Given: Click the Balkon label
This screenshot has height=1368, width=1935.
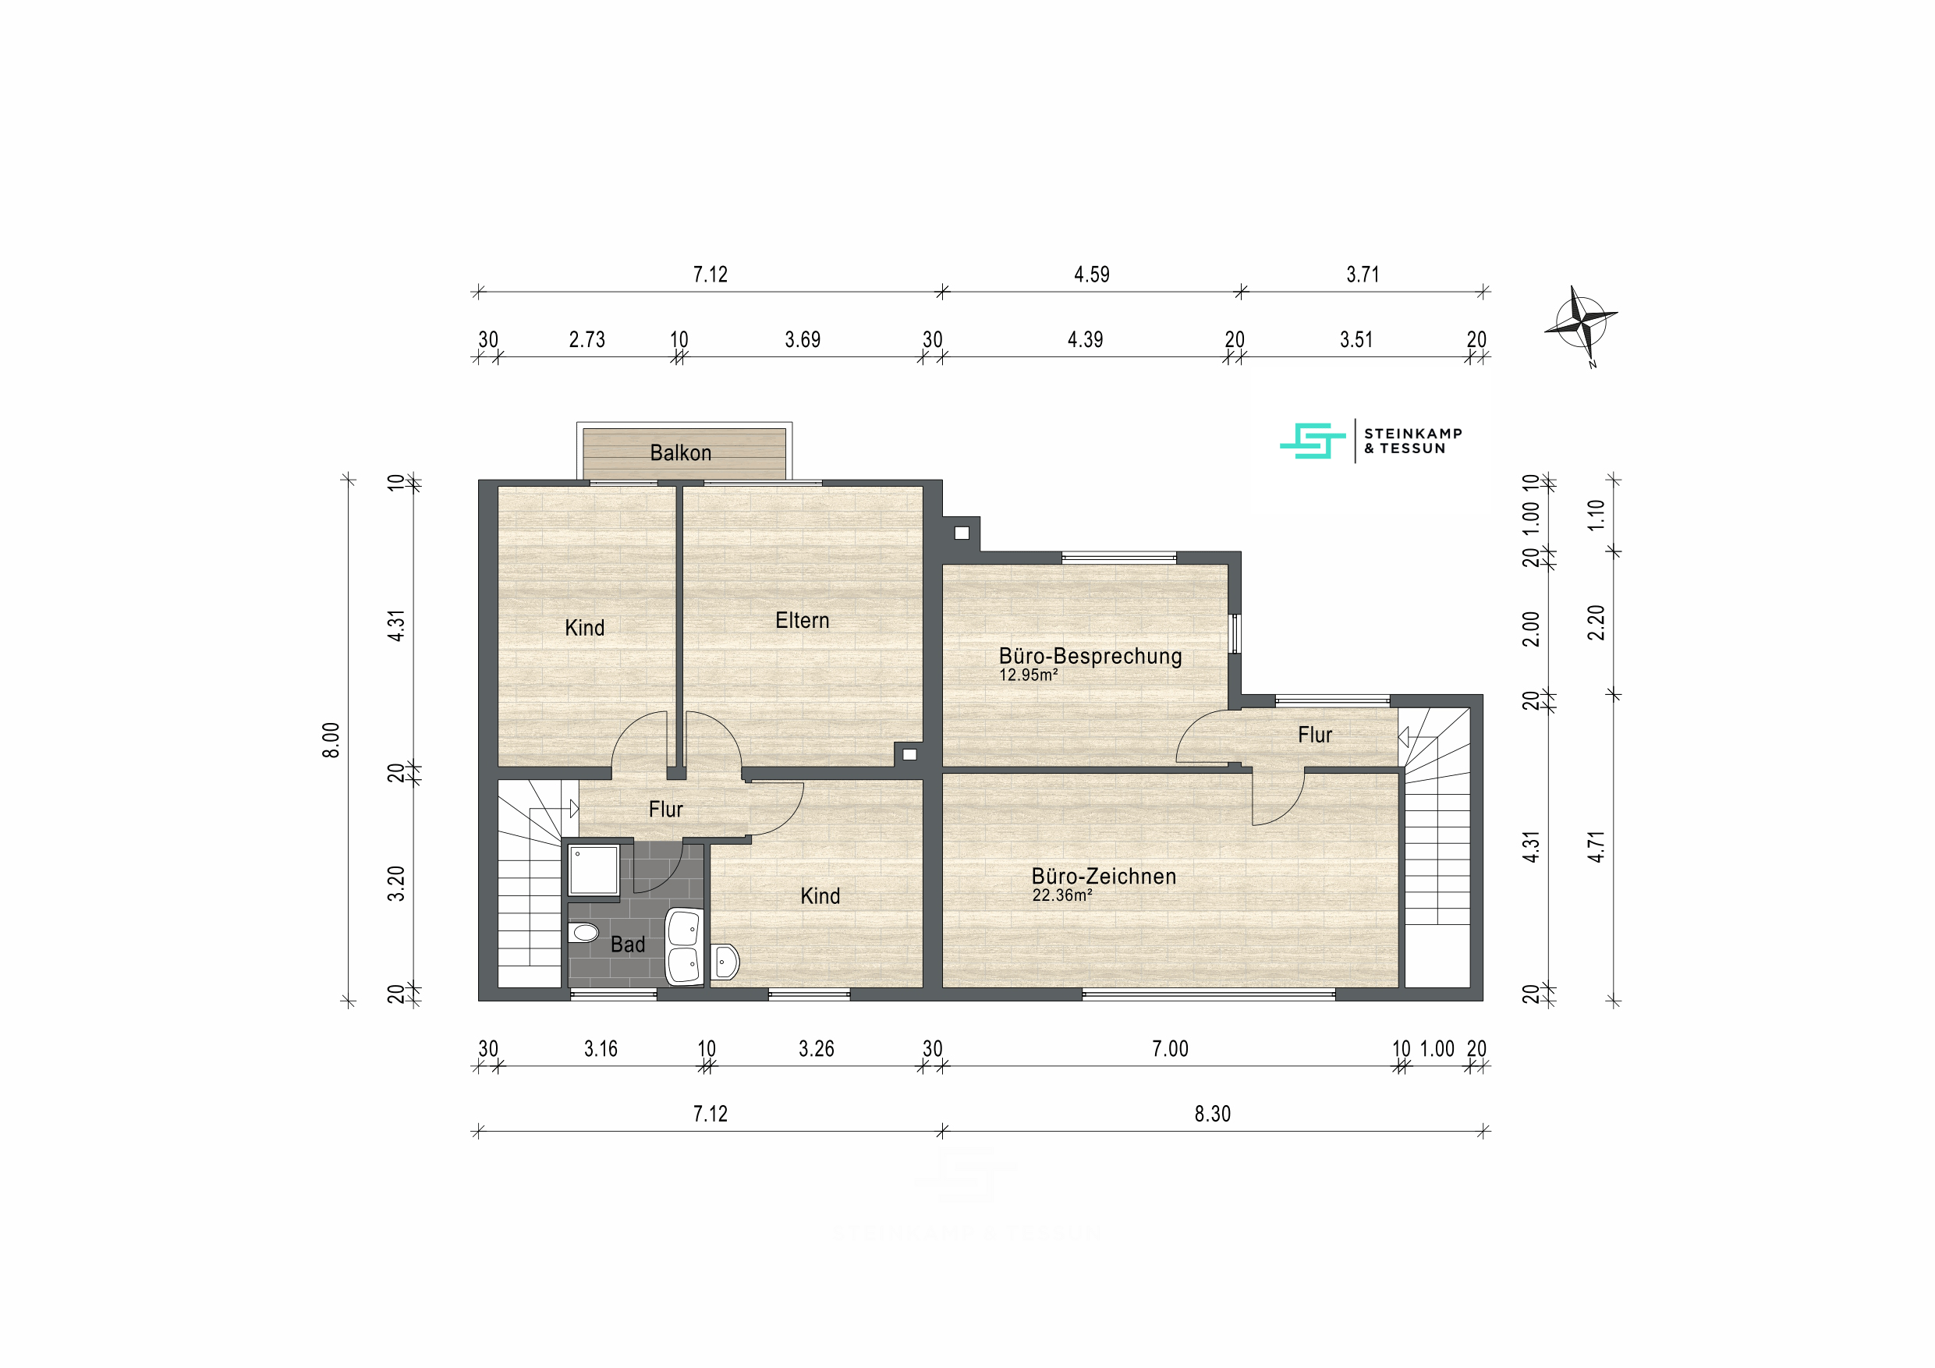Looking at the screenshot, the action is (680, 453).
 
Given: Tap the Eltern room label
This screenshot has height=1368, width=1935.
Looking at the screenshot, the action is (803, 620).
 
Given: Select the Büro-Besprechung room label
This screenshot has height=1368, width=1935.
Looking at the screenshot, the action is (1090, 656).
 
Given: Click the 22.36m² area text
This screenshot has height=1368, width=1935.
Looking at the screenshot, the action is (1062, 895).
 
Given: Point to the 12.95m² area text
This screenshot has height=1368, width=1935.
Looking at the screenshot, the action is (1028, 675).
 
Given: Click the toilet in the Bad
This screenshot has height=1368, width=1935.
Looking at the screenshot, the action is (583, 932).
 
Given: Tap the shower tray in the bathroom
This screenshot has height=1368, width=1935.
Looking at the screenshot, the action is (594, 870).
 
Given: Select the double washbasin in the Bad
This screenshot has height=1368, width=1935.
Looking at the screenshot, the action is (683, 947).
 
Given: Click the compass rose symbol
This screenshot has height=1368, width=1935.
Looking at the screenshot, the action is (1581, 324).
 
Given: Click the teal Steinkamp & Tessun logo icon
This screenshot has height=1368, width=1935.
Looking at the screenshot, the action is (1312, 441).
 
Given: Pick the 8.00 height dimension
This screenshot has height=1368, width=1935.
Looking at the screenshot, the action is (331, 740).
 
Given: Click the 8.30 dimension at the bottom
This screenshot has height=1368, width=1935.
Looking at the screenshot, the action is (1212, 1115).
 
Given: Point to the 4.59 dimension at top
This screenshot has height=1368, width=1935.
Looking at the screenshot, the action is (1091, 275).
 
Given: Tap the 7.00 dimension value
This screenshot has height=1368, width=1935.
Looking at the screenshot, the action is (1170, 1049).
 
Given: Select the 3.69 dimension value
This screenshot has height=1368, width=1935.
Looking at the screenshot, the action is (803, 340).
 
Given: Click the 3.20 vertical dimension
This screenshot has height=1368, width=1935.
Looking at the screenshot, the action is (396, 884).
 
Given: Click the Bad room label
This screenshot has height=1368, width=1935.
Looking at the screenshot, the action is (628, 944).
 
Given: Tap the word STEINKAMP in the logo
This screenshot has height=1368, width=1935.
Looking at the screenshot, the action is (1413, 433).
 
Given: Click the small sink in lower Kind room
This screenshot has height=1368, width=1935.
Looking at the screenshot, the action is (725, 962).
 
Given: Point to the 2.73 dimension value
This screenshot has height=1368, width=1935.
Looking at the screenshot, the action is (587, 340).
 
